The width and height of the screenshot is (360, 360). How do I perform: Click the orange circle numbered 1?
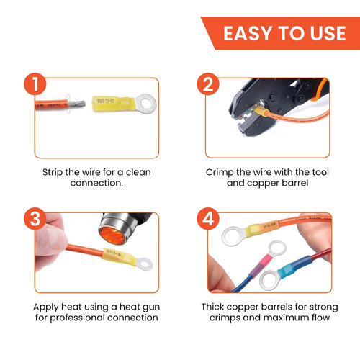pos(35,84)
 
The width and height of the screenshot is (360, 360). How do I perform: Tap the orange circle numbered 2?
pos(208,84)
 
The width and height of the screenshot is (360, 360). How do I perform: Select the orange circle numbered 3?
pos(35,219)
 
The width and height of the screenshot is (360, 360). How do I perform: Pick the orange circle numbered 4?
pos(208,219)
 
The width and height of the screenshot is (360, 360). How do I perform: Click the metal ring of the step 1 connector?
pos(146,104)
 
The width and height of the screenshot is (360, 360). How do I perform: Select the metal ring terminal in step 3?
pos(144,264)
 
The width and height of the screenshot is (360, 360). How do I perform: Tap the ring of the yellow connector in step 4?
pos(233,236)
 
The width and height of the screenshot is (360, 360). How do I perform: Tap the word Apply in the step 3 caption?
pos(46,307)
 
